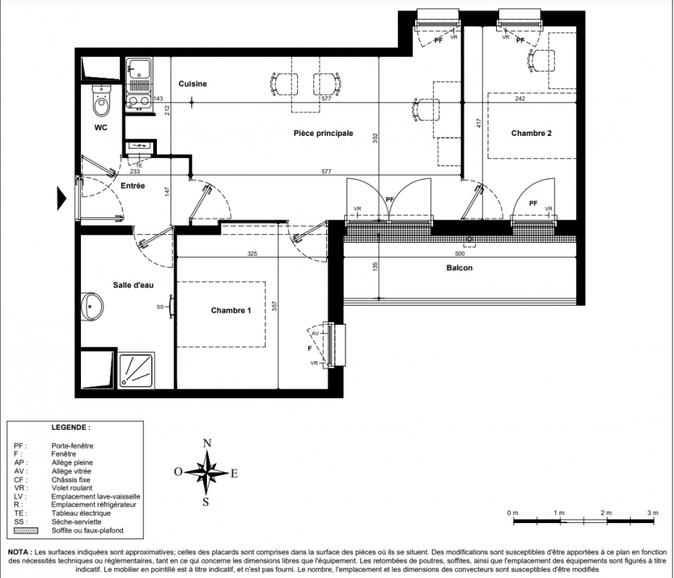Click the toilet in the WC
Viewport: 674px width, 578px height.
click(x=101, y=100)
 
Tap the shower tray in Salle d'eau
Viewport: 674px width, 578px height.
click(x=136, y=371)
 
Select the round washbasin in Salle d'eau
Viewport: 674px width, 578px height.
click(x=92, y=306)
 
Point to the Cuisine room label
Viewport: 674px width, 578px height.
click(x=192, y=84)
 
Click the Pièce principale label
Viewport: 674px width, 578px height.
click(x=323, y=134)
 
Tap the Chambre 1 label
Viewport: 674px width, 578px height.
click(x=231, y=311)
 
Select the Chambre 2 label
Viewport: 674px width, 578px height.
click(x=532, y=133)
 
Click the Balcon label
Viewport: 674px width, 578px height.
click(x=459, y=268)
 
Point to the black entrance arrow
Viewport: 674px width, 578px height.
click(x=61, y=199)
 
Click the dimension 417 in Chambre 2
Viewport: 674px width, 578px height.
click(x=479, y=124)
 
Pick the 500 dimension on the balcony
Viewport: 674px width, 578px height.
click(x=459, y=254)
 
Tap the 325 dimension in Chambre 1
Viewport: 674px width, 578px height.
click(x=252, y=254)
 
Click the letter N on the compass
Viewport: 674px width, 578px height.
click(x=207, y=443)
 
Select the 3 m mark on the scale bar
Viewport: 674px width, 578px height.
click(x=652, y=513)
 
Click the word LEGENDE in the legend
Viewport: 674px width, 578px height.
click(x=70, y=428)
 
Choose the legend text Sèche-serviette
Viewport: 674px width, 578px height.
click(x=77, y=522)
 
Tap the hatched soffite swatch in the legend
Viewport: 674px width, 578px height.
click(x=26, y=531)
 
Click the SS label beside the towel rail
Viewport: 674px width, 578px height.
click(x=161, y=307)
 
